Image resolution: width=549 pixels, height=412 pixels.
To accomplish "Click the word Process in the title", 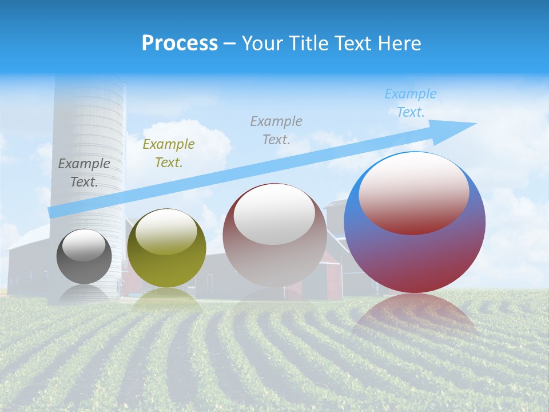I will [180, 43].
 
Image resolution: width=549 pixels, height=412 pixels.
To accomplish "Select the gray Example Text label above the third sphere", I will [276, 130].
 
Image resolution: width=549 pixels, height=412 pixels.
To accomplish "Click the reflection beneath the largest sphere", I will [415, 315].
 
